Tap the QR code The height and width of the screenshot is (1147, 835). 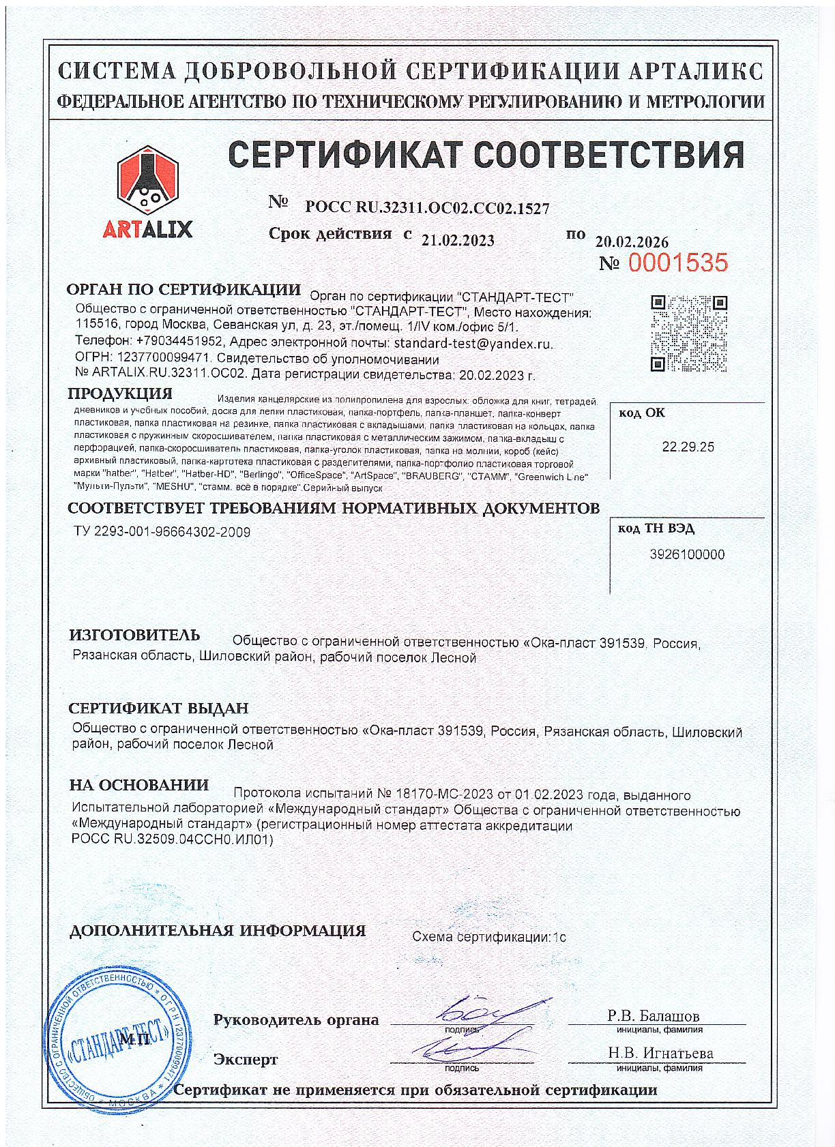coord(688,333)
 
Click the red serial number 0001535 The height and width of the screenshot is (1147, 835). coord(678,263)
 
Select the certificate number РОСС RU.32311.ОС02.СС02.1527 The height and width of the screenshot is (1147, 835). coord(428,208)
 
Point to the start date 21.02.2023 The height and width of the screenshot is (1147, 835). coord(458,240)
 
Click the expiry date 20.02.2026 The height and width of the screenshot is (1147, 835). coord(632,242)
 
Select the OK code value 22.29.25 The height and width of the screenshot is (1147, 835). coord(688,447)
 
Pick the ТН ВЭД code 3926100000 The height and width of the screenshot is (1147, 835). coord(688,554)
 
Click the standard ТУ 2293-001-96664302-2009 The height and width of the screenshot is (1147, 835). coord(161,532)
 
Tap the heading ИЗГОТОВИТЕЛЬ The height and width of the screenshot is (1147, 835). coord(134,636)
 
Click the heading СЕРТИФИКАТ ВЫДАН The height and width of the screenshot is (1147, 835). coord(159,709)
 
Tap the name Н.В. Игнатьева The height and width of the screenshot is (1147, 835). coord(660,1053)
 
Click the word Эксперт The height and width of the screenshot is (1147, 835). coord(246,1060)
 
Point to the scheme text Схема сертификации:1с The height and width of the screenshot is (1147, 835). coord(488,936)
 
